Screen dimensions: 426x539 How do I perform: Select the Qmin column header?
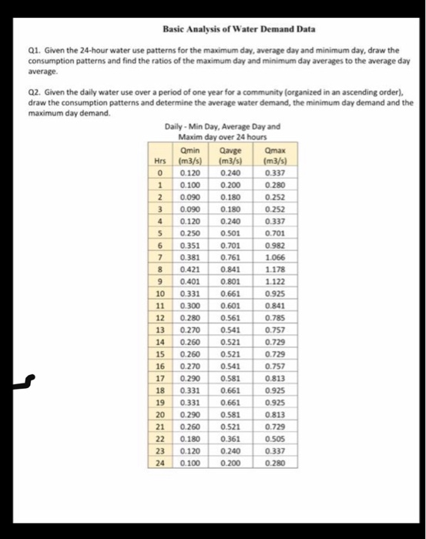coord(188,152)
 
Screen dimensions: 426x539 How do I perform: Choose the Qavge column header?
coord(230,152)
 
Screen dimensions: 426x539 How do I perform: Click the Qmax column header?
coord(273,152)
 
